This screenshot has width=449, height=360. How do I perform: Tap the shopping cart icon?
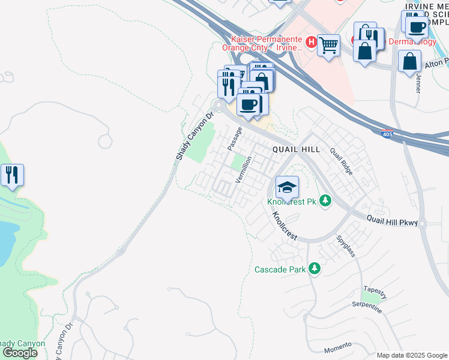click(328, 45)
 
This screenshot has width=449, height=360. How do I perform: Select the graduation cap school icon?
click(287, 187)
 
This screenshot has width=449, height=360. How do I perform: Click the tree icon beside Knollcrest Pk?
click(325, 200)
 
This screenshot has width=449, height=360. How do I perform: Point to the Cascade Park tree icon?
click(314, 269)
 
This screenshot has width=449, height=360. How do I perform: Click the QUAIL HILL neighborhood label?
click(296, 149)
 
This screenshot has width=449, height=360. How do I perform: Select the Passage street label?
click(235, 139)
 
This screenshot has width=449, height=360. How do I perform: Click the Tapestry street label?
click(375, 291)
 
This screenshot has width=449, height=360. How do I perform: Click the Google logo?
click(20, 353)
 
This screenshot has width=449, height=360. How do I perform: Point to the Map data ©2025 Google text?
click(412, 355)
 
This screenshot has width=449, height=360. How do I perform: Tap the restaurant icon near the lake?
click(12, 175)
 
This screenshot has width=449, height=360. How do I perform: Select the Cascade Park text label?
click(280, 270)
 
